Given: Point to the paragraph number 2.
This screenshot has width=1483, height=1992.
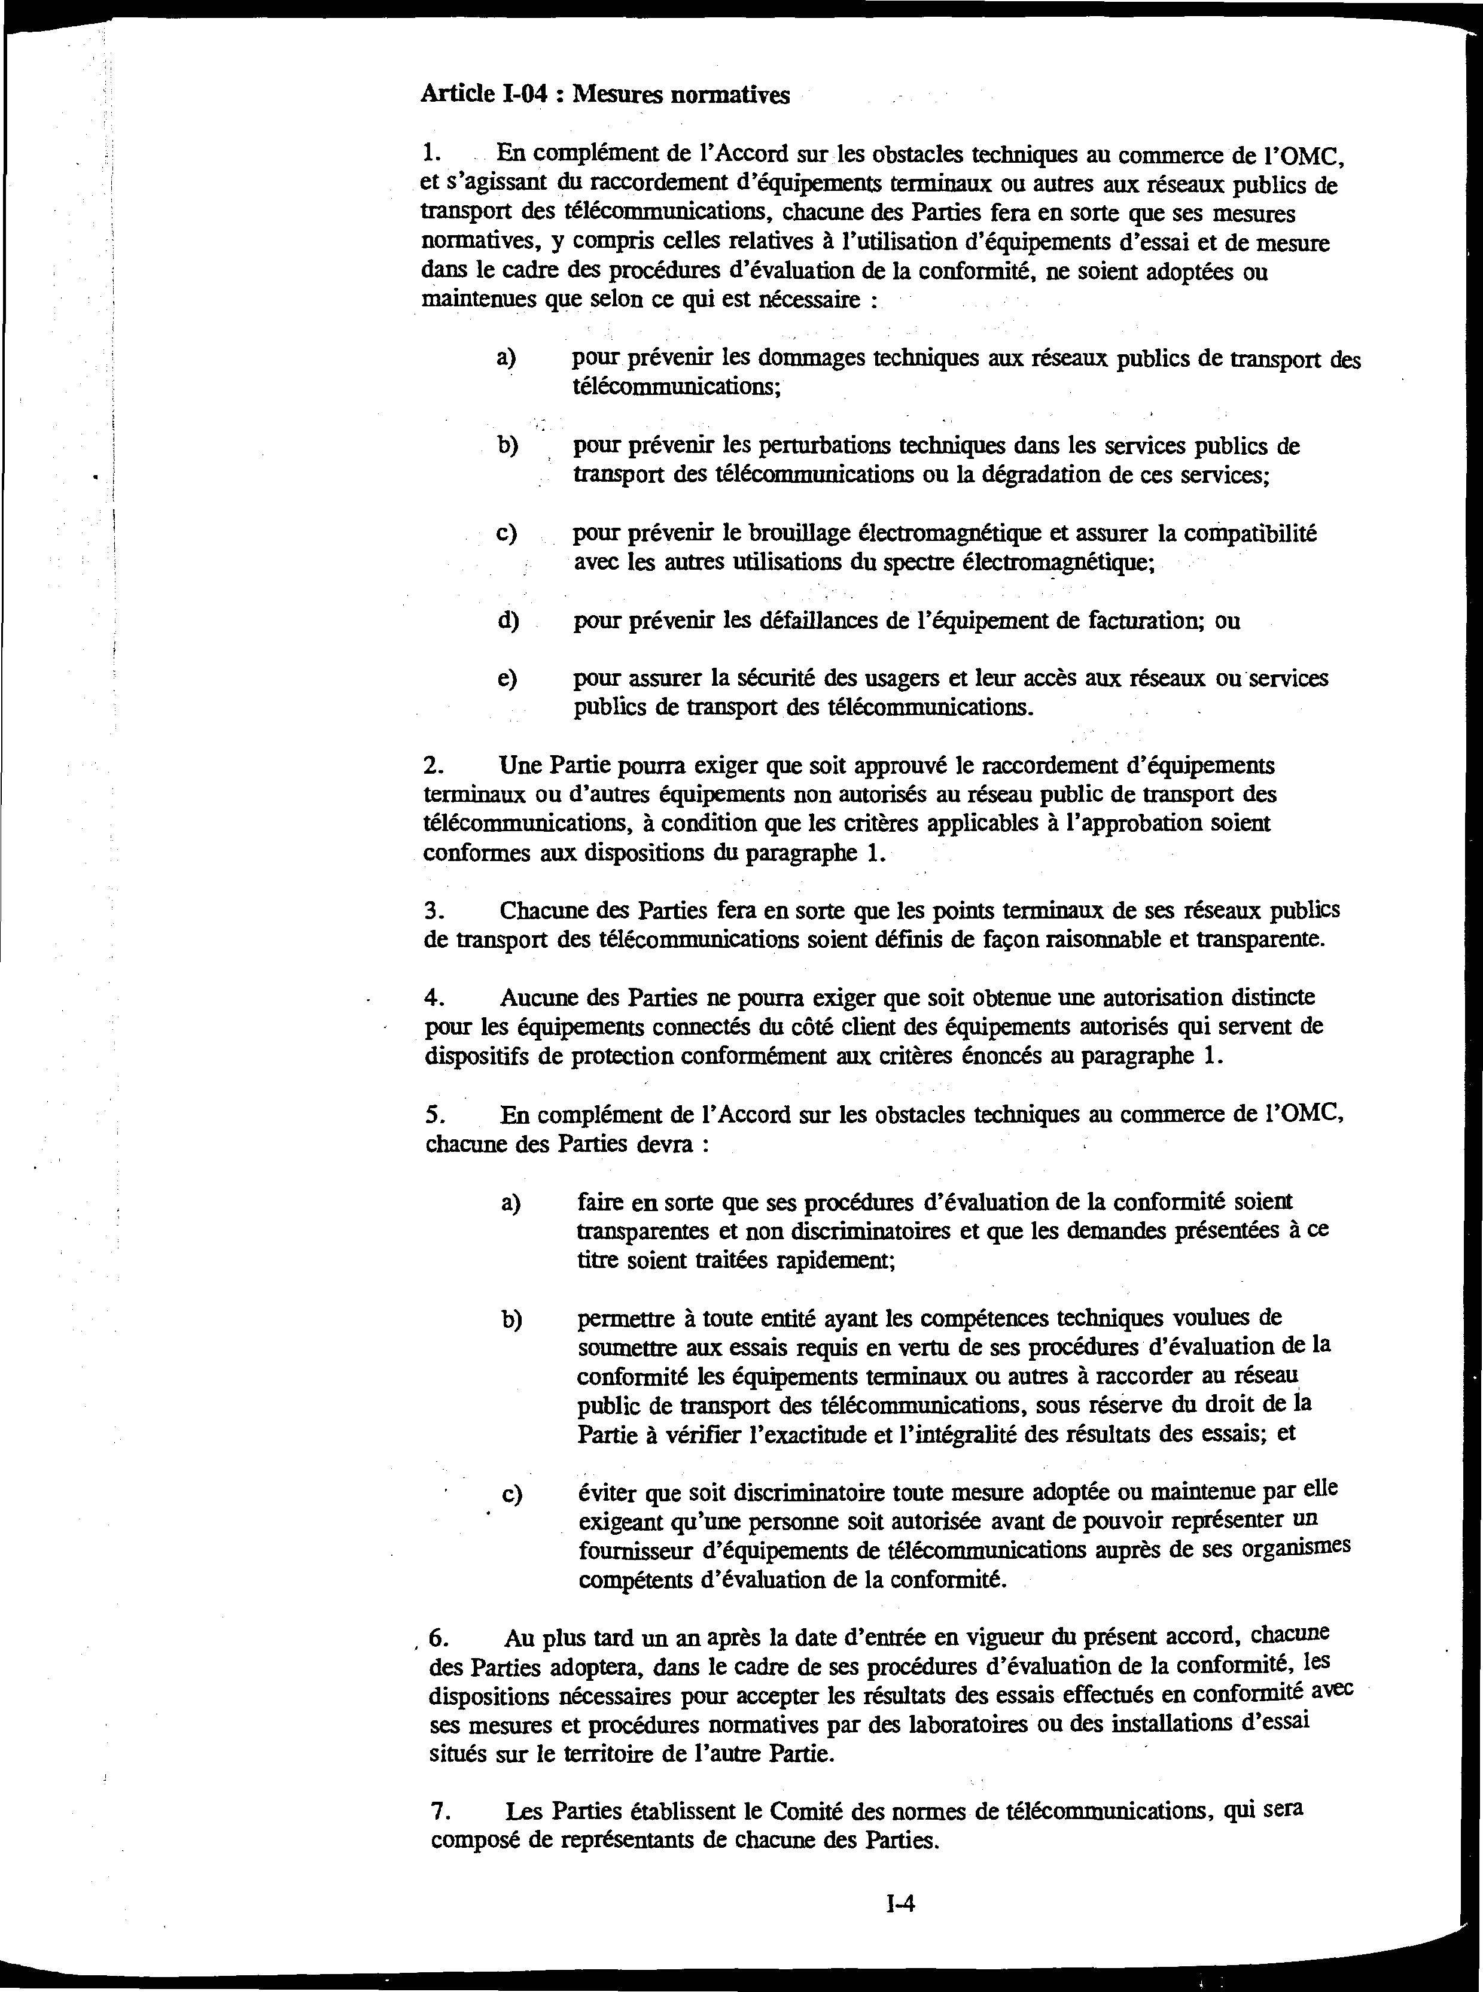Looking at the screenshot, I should pos(434,766).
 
